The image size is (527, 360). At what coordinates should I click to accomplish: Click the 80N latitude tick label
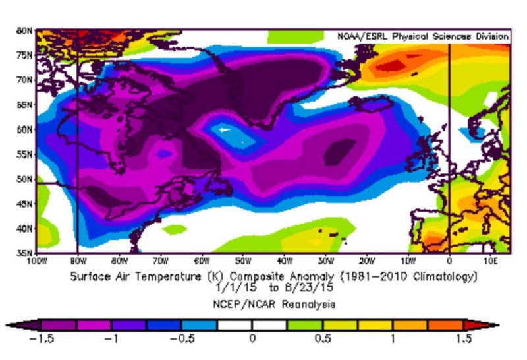25,30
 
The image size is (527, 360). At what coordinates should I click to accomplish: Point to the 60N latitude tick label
25,129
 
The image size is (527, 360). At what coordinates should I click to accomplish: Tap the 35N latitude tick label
25,253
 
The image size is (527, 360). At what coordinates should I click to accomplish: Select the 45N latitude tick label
25,204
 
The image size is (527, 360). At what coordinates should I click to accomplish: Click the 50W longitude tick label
242,260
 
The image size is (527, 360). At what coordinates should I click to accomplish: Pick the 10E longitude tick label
489,260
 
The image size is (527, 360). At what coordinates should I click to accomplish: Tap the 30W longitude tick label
325,260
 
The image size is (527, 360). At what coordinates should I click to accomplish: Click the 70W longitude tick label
160,260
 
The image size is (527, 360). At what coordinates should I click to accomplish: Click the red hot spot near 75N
394,65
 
